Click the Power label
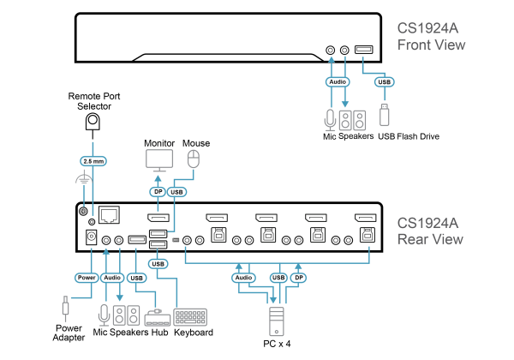click(x=87, y=278)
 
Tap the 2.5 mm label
click(x=93, y=161)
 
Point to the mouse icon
click(x=194, y=159)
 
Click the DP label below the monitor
click(x=158, y=192)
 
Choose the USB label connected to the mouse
click(x=177, y=192)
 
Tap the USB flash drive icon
click(x=384, y=115)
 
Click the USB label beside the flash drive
click(x=384, y=82)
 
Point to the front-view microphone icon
click(x=330, y=120)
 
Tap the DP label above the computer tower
click(x=298, y=278)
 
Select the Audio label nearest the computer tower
click(x=244, y=278)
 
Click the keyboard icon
click(x=190, y=316)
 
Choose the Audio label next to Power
click(x=112, y=278)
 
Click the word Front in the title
click(x=415, y=45)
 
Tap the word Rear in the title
click(x=413, y=239)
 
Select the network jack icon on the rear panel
click(x=109, y=214)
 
